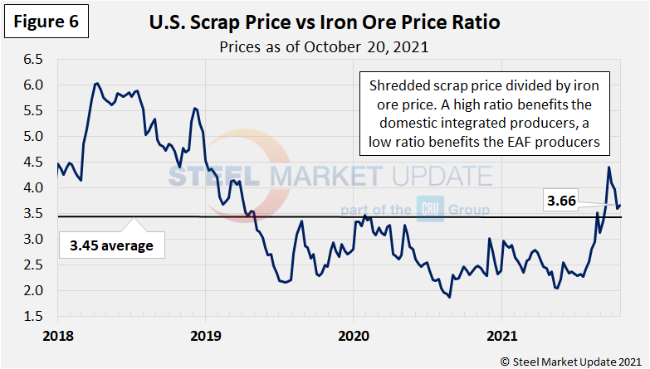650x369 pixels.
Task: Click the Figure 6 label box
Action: point(46,22)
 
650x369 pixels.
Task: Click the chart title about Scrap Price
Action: point(325,22)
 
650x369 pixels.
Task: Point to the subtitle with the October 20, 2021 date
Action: point(324,46)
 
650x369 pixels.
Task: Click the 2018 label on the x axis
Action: point(57,337)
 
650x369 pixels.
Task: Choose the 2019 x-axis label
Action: point(205,337)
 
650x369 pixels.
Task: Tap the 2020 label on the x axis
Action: point(353,337)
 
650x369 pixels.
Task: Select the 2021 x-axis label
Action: point(500,337)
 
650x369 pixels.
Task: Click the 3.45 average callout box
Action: point(111,245)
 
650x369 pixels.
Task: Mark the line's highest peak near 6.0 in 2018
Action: point(97,83)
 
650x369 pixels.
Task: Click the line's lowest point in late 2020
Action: point(449,297)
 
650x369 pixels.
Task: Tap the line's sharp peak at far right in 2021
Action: point(608,168)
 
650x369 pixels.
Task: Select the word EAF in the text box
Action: point(532,142)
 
